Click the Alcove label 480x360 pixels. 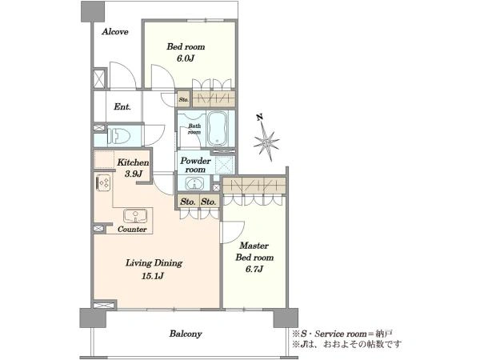[x=115, y=31]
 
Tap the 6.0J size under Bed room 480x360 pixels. [x=186, y=58]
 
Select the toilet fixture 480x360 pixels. [x=118, y=135]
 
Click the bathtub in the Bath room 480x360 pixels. [x=218, y=129]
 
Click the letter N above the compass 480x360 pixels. [x=260, y=117]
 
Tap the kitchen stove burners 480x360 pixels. [x=103, y=182]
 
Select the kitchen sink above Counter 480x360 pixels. [x=135, y=216]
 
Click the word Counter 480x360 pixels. [x=132, y=230]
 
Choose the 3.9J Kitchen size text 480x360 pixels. [x=134, y=174]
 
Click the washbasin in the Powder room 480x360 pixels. [x=194, y=185]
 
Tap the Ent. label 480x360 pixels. [x=122, y=107]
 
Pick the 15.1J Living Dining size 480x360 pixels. [x=153, y=276]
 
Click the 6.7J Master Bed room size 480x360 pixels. [x=254, y=269]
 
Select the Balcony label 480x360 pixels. [x=186, y=334]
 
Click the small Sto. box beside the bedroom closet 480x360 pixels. [x=184, y=99]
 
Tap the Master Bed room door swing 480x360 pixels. [x=232, y=232]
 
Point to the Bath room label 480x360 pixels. [x=194, y=129]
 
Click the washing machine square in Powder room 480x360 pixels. [x=225, y=166]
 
